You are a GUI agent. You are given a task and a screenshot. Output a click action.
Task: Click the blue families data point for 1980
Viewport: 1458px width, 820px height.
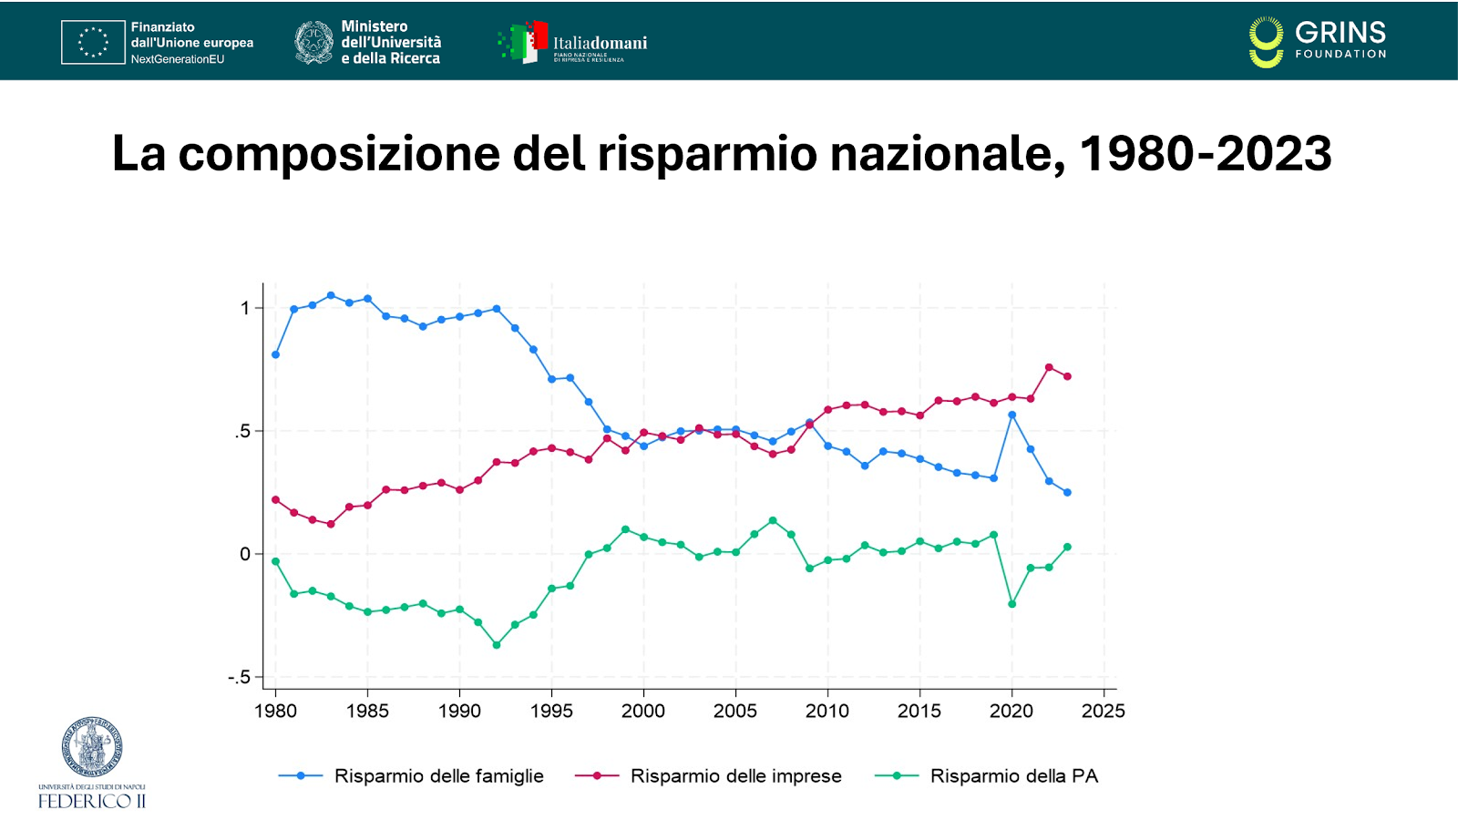pyautogui.click(x=275, y=354)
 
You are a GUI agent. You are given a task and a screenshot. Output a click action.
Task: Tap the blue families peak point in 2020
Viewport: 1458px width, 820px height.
pyautogui.click(x=1011, y=415)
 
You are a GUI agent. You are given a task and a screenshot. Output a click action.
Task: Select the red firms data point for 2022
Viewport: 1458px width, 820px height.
pyautogui.click(x=1049, y=367)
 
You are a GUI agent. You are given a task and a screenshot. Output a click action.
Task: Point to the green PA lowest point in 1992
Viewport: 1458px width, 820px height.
pyautogui.click(x=497, y=645)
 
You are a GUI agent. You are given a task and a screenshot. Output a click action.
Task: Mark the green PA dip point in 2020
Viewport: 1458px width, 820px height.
pyautogui.click(x=1011, y=604)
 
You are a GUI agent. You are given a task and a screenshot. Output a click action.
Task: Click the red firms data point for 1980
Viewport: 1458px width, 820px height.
pyautogui.click(x=275, y=499)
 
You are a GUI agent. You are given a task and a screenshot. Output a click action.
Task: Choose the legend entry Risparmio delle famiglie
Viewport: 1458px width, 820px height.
pyautogui.click(x=438, y=776)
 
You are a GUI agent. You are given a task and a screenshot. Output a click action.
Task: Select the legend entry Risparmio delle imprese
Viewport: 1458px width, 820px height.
pyautogui.click(x=735, y=776)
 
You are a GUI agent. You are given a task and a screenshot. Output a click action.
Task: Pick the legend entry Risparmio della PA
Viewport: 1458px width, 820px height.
pyautogui.click(x=1013, y=776)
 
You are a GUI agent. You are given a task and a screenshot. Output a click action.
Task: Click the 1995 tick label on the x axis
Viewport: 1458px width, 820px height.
pyautogui.click(x=551, y=712)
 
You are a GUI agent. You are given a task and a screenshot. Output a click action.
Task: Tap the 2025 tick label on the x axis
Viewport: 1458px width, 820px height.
pyautogui.click(x=1103, y=712)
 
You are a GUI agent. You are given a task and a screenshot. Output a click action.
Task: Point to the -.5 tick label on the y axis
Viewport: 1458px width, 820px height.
pyautogui.click(x=239, y=678)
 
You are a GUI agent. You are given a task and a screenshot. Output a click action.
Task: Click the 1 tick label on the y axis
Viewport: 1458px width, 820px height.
pyautogui.click(x=245, y=308)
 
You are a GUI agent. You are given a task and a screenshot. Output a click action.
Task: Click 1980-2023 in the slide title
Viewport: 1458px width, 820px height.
pyautogui.click(x=1205, y=153)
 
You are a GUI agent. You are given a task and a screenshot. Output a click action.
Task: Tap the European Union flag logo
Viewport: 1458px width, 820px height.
pyautogui.click(x=93, y=42)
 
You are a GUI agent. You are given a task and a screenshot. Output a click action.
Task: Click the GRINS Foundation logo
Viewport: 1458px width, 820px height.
pyautogui.click(x=1318, y=42)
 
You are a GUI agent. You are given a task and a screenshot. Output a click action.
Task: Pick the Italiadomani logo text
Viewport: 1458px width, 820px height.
pyautogui.click(x=600, y=44)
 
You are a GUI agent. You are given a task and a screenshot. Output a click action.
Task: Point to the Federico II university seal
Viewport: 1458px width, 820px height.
pyautogui.click(x=91, y=747)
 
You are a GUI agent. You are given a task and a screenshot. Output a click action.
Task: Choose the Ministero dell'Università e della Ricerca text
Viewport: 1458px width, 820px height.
pyautogui.click(x=391, y=42)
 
